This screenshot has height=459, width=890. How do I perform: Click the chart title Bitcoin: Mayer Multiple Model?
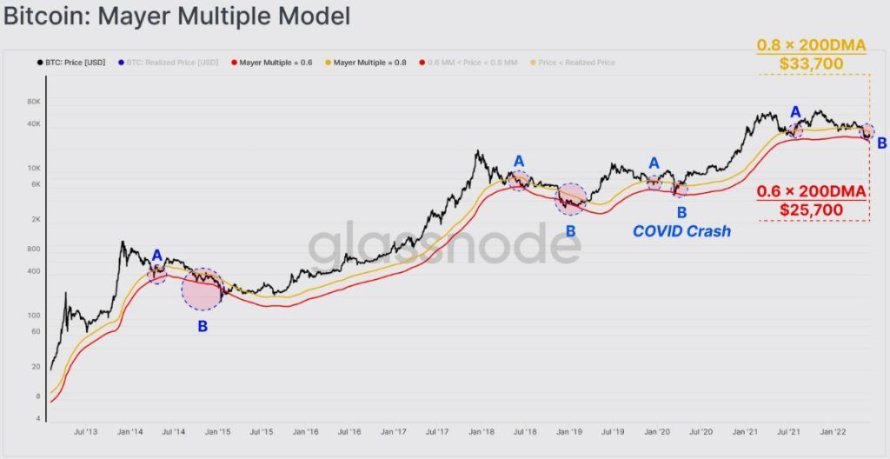(x=177, y=16)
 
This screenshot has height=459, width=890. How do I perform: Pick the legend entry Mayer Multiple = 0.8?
(x=369, y=63)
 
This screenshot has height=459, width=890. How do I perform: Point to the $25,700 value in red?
(x=812, y=210)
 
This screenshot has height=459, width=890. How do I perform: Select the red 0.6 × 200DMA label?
(x=812, y=190)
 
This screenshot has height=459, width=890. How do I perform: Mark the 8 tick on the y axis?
(x=38, y=396)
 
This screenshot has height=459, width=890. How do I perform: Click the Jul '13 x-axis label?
(x=86, y=431)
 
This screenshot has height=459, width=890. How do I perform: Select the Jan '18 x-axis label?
(x=482, y=431)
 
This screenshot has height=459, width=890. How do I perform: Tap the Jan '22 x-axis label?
(x=834, y=431)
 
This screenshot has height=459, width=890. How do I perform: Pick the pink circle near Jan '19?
(x=570, y=199)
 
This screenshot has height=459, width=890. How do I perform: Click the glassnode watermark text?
(x=444, y=245)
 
